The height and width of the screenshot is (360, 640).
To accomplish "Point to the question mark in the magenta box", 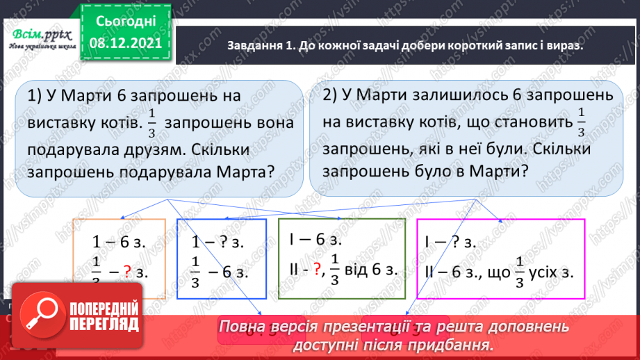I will (x=458, y=243).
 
